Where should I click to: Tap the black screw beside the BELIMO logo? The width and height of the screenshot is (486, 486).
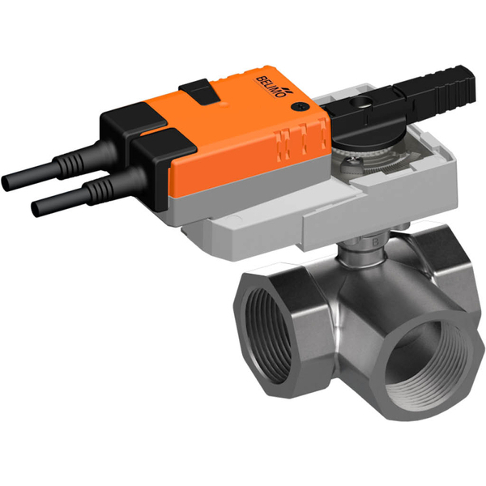(x=302, y=106)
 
